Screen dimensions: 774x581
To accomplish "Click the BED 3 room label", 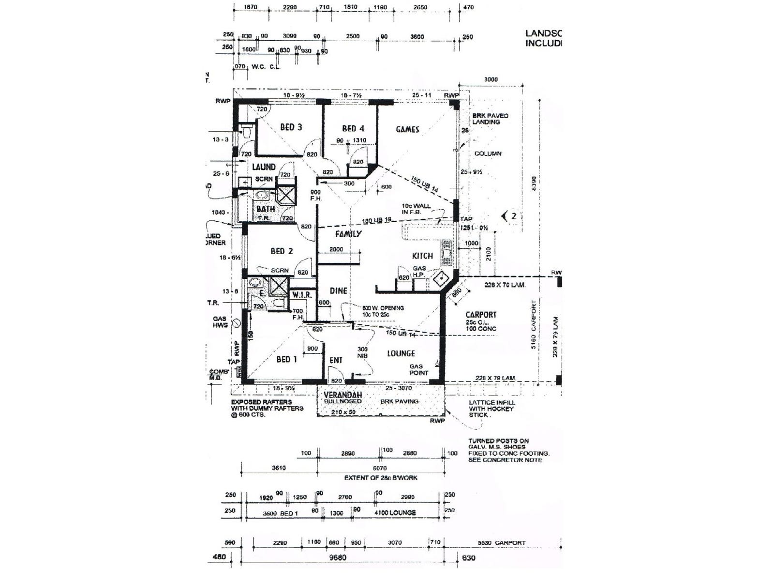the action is [291, 127].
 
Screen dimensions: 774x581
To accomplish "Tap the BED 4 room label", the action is [353, 128].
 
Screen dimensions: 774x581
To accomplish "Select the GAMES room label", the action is [407, 129].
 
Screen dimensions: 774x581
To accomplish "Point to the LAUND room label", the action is [264, 167].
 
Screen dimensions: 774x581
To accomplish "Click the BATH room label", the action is [266, 209].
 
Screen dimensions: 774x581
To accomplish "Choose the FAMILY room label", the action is [348, 234].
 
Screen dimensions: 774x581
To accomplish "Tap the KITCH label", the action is [422, 256].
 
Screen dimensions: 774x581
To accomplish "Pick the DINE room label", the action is [338, 290].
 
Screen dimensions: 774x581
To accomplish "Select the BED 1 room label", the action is [286, 359].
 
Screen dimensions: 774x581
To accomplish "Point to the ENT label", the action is [336, 360].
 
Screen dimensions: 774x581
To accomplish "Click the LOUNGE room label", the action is [401, 353].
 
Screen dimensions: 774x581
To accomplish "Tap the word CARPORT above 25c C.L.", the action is [481, 315].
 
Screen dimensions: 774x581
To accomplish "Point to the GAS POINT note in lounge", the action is [418, 370].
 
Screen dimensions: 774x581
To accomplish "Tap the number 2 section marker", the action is [513, 216].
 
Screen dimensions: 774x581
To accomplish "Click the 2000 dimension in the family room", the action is [336, 249].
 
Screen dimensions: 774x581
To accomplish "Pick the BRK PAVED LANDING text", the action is [490, 119].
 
